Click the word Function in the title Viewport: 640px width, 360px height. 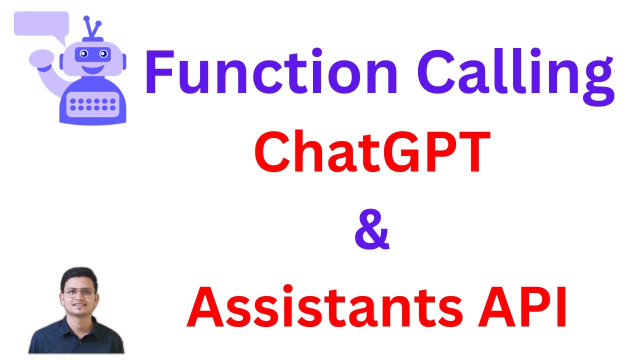tap(271, 72)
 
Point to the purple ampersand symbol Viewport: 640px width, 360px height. tap(371, 231)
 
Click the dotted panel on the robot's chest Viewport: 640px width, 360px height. tap(93, 104)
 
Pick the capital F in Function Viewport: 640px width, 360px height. tap(159, 72)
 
